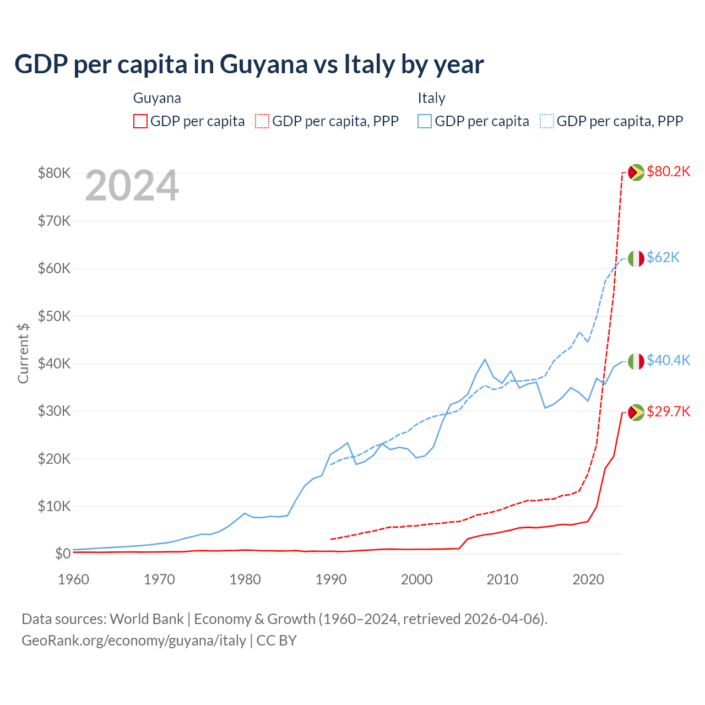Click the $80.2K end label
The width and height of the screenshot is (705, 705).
668,172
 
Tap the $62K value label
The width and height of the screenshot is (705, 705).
663,258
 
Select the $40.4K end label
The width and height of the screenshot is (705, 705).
668,361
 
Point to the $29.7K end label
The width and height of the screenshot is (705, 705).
668,412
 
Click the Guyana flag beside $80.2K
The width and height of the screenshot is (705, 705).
636,172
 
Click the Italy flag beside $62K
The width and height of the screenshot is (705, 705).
636,258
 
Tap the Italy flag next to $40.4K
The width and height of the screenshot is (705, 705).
636,361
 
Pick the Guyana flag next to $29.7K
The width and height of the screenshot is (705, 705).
636,413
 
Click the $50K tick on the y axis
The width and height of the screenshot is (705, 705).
54,317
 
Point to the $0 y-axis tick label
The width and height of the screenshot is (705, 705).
63,554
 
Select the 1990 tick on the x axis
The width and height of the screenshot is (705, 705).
331,579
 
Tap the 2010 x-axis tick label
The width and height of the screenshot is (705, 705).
502,579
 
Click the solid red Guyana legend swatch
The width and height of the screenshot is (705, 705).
140,121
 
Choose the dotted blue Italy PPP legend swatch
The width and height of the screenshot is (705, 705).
547,121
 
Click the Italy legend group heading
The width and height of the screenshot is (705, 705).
431,98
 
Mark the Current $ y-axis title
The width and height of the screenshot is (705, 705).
23,353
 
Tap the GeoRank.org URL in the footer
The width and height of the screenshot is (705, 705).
134,641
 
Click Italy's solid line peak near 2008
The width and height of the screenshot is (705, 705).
485,360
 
